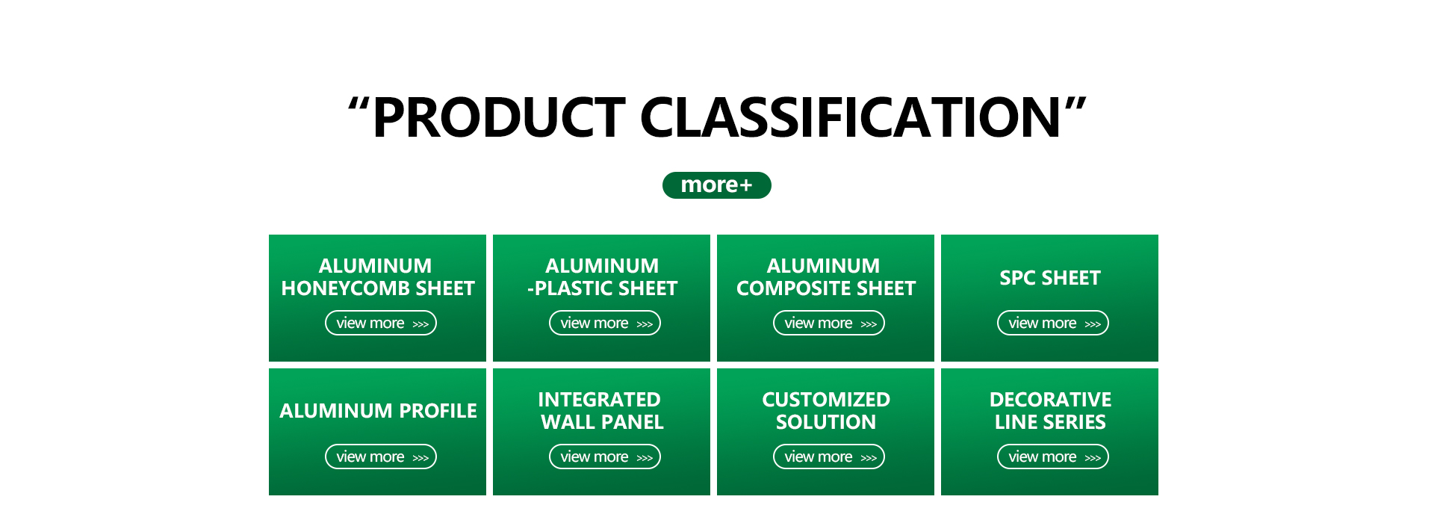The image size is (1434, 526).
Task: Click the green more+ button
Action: [716, 185]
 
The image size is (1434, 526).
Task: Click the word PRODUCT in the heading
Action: [499, 118]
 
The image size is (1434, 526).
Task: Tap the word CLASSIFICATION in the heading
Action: [851, 118]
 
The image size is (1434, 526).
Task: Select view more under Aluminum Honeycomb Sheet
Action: [381, 323]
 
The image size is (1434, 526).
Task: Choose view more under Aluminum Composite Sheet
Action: [829, 323]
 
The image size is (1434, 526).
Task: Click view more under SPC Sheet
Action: [1053, 323]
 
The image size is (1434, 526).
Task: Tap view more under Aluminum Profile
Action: [381, 457]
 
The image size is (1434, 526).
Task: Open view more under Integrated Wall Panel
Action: [605, 457]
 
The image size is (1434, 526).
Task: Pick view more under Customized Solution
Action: [829, 457]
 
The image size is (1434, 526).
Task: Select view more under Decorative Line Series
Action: [1053, 457]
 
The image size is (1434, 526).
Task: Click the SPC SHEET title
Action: [1050, 278]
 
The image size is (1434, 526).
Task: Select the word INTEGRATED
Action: [600, 400]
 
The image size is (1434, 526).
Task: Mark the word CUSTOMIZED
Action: [826, 400]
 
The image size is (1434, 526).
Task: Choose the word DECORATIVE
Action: [1051, 400]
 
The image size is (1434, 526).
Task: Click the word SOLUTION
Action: [826, 422]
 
